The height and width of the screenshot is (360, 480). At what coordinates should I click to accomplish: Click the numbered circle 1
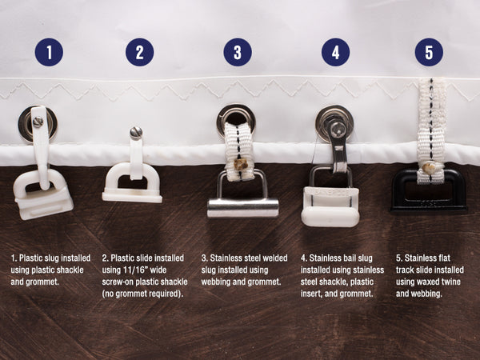click(x=49, y=52)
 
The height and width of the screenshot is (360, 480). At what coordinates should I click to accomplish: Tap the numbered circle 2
click(x=139, y=52)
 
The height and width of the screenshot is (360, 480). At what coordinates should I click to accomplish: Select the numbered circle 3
click(x=238, y=52)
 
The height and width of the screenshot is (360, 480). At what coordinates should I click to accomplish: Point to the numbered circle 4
click(x=335, y=52)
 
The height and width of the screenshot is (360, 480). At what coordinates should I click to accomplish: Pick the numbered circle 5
click(x=429, y=52)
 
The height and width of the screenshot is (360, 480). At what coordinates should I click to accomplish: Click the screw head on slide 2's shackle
click(x=136, y=133)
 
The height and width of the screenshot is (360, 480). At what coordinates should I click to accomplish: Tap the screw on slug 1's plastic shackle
click(x=38, y=122)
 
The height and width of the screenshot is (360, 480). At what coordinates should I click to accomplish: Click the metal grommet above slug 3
click(x=236, y=120)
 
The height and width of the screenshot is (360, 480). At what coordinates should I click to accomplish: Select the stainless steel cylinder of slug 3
click(x=243, y=207)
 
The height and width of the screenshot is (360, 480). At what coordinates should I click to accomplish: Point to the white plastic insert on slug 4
click(x=330, y=206)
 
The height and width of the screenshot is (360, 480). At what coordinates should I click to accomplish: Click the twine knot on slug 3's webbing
click(x=241, y=165)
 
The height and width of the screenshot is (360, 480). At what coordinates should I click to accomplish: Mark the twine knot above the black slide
click(x=428, y=167)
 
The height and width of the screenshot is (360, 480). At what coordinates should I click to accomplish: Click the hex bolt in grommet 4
click(x=336, y=126)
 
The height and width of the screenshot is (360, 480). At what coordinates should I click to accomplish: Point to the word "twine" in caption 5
click(x=450, y=282)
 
